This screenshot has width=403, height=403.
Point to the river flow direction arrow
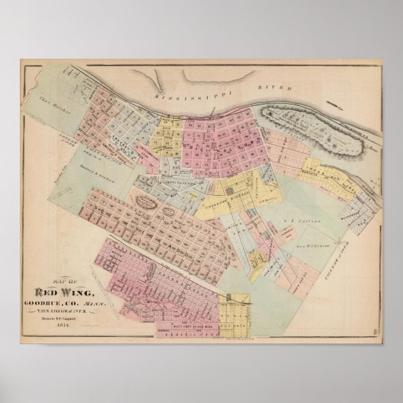(x=339, y=107)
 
